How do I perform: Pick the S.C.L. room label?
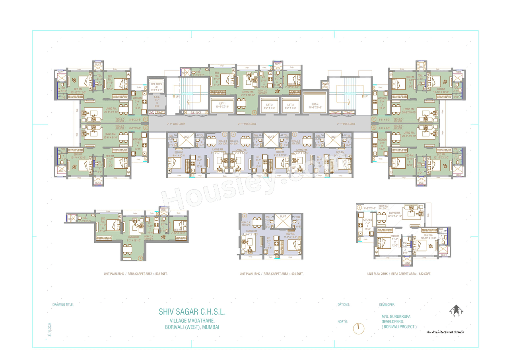coord(157,102)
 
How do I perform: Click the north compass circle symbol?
coord(359,328)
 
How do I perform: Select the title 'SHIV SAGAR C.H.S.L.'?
coord(192,312)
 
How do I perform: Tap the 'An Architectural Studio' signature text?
coord(445,332)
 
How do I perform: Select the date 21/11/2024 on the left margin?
coord(50,329)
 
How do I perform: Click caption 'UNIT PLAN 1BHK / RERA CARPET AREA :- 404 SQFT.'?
coord(271,274)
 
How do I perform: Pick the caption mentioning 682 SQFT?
coord(399,274)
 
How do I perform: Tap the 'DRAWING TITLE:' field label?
coord(63,304)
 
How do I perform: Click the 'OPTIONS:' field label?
coord(343,304)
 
